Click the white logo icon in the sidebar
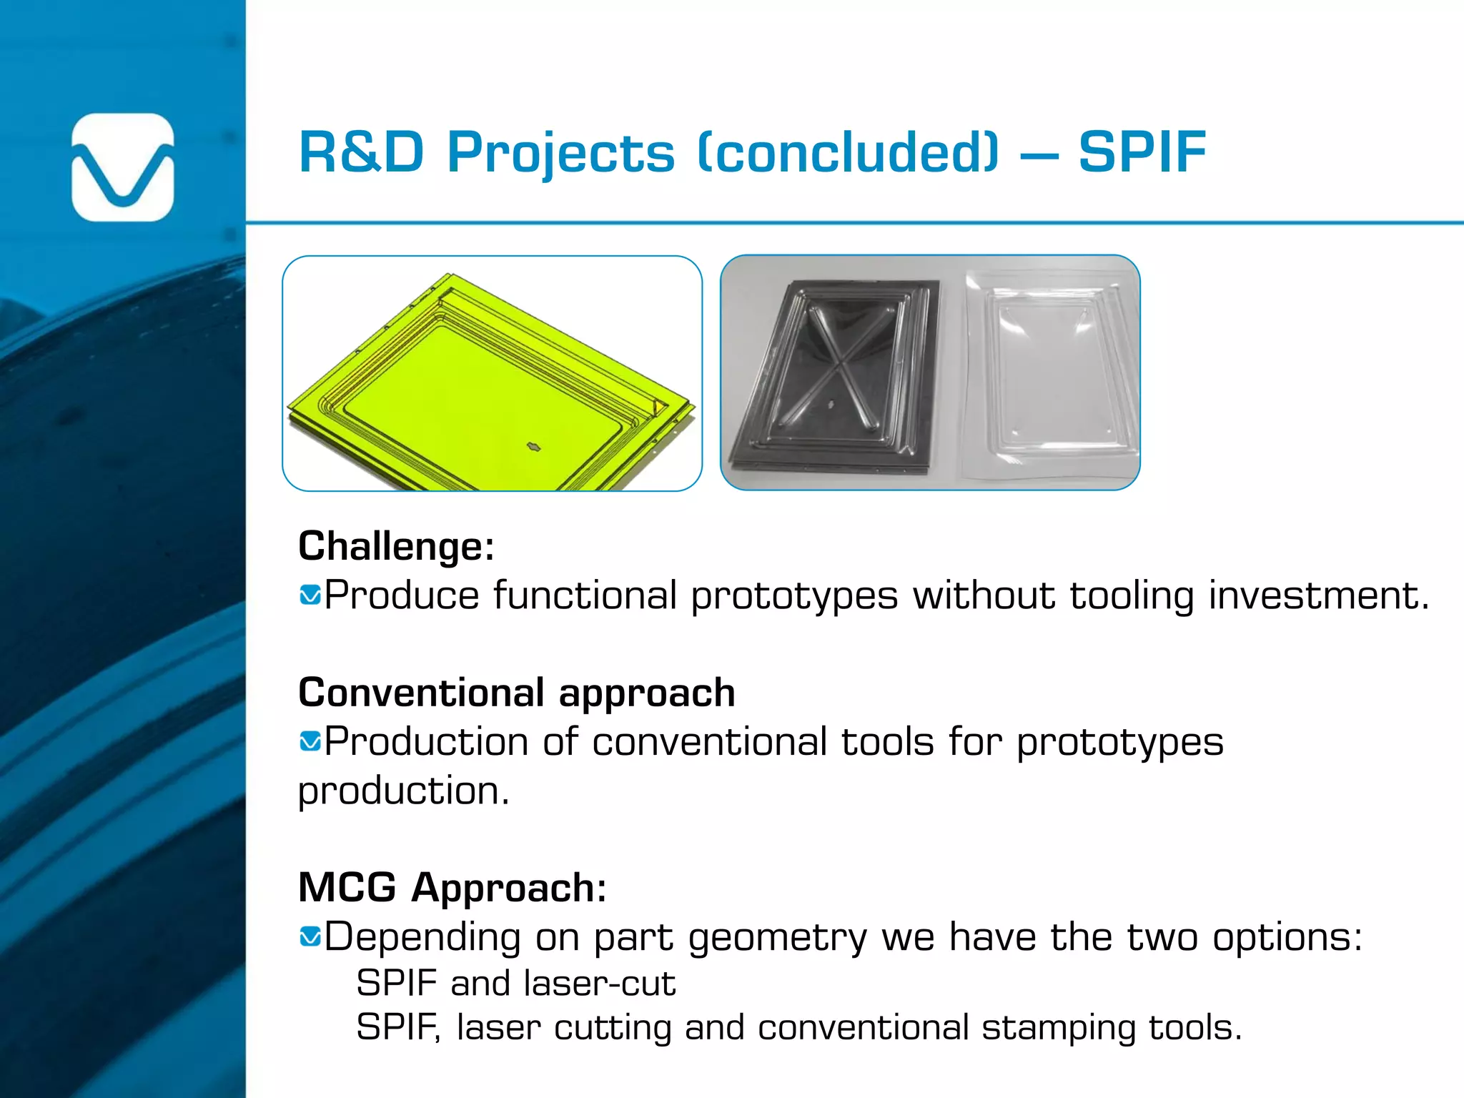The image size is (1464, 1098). tap(123, 167)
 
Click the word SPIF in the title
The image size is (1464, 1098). tap(1142, 152)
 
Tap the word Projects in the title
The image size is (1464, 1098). tap(560, 152)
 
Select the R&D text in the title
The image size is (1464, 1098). tap(361, 152)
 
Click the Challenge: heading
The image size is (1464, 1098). tap(396, 547)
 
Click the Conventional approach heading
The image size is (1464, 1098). tap(516, 693)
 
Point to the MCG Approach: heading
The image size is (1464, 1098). tap(452, 888)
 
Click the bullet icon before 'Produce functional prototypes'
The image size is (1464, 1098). tap(310, 595)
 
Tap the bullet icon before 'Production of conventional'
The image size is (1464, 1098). tap(310, 741)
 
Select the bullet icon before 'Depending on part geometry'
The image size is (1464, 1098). tap(310, 936)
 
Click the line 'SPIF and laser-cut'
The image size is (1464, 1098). tap(515, 983)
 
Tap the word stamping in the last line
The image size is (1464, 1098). tap(1058, 1028)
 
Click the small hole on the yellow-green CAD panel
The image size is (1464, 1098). tap(534, 447)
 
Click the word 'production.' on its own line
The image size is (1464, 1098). tap(404, 791)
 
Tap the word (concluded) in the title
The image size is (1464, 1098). tap(848, 152)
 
